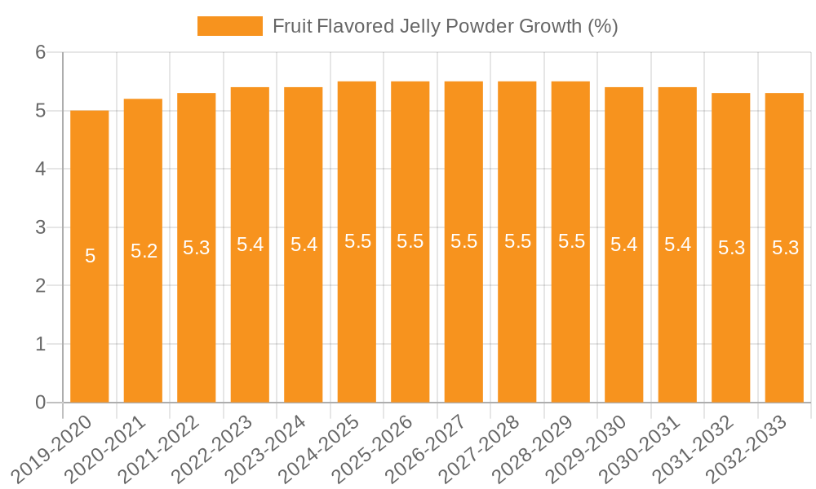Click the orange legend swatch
[x=229, y=26]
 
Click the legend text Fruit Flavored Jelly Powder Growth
[x=445, y=26]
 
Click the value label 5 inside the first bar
[x=90, y=256]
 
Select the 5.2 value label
[x=144, y=251]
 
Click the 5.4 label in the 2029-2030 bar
[x=624, y=244]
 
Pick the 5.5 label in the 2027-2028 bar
[x=517, y=241]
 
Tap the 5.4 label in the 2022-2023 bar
[x=250, y=244]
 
